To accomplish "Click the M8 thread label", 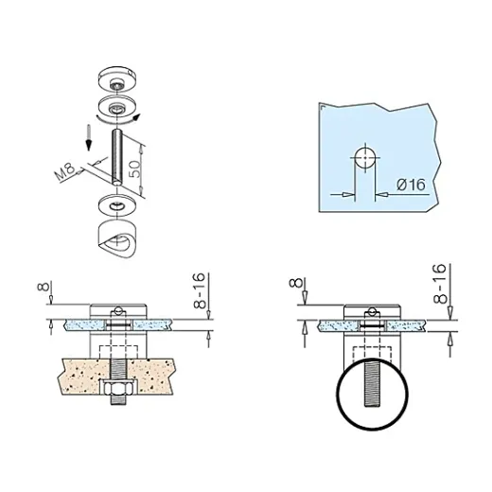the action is point(65,171).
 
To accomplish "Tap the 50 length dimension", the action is point(135,169).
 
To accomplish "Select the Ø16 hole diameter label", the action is point(412,184).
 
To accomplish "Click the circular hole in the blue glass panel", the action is point(365,158).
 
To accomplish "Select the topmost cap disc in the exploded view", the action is point(116,79).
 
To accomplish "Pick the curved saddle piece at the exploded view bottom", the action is point(116,238).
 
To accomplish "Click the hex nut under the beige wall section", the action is point(117,388).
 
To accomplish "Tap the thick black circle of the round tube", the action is point(338,395).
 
